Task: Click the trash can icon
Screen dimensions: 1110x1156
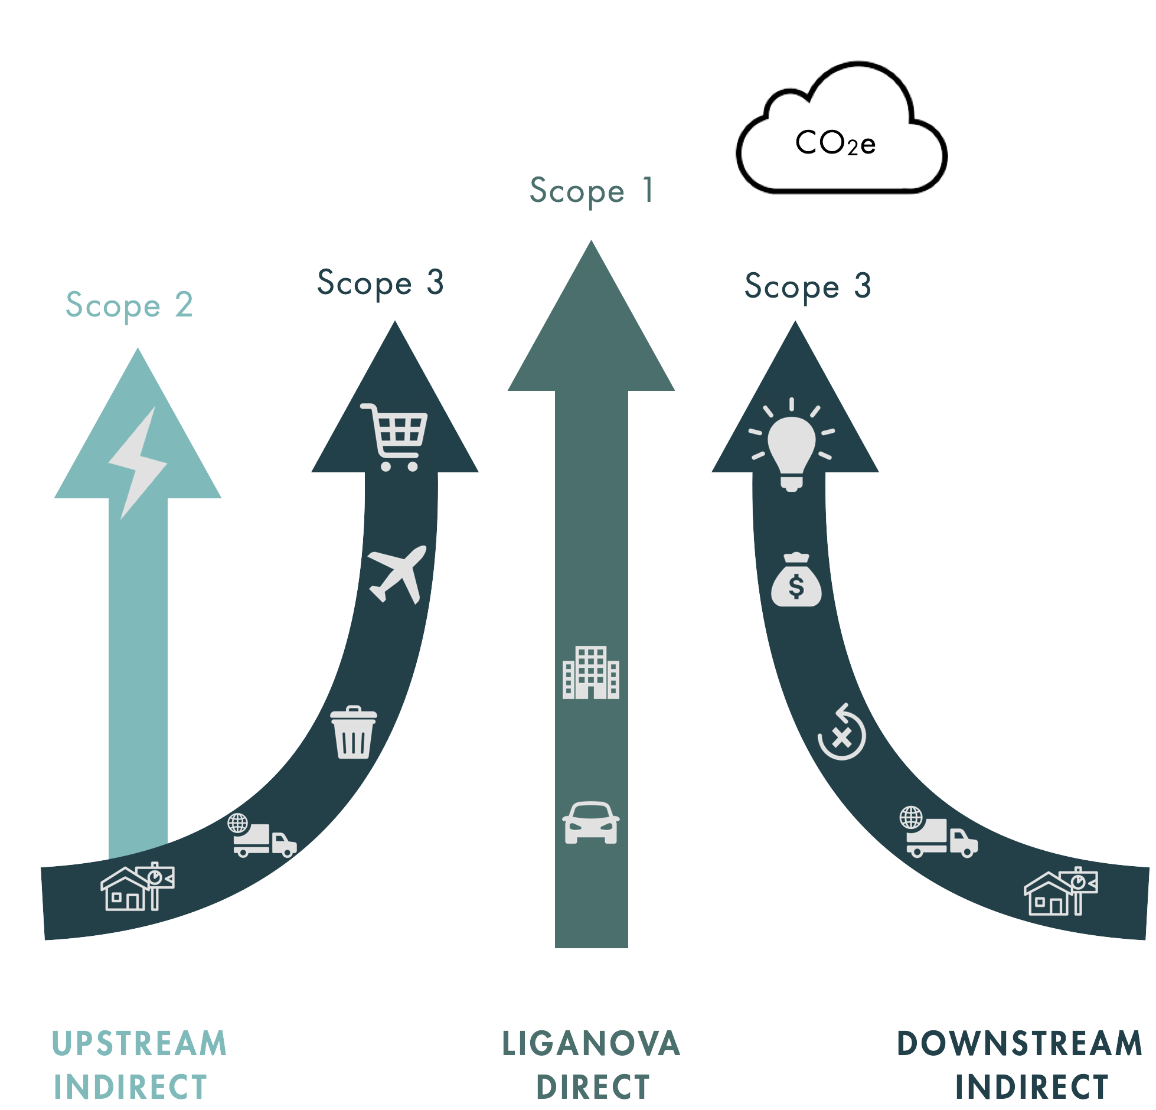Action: click(353, 732)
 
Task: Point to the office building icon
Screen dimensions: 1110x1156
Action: click(591, 672)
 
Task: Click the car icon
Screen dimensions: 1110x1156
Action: click(591, 822)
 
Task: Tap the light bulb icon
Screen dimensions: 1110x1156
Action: click(792, 446)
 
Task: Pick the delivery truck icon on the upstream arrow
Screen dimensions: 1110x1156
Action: click(262, 835)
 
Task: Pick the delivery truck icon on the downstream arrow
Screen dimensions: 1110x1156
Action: click(939, 833)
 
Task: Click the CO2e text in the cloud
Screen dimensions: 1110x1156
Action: click(835, 143)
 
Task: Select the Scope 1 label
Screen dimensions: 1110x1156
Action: click(591, 191)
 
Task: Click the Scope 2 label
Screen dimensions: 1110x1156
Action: click(129, 305)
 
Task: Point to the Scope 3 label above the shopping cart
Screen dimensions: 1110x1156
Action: click(380, 283)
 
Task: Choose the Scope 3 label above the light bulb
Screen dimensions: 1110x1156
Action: click(808, 286)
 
